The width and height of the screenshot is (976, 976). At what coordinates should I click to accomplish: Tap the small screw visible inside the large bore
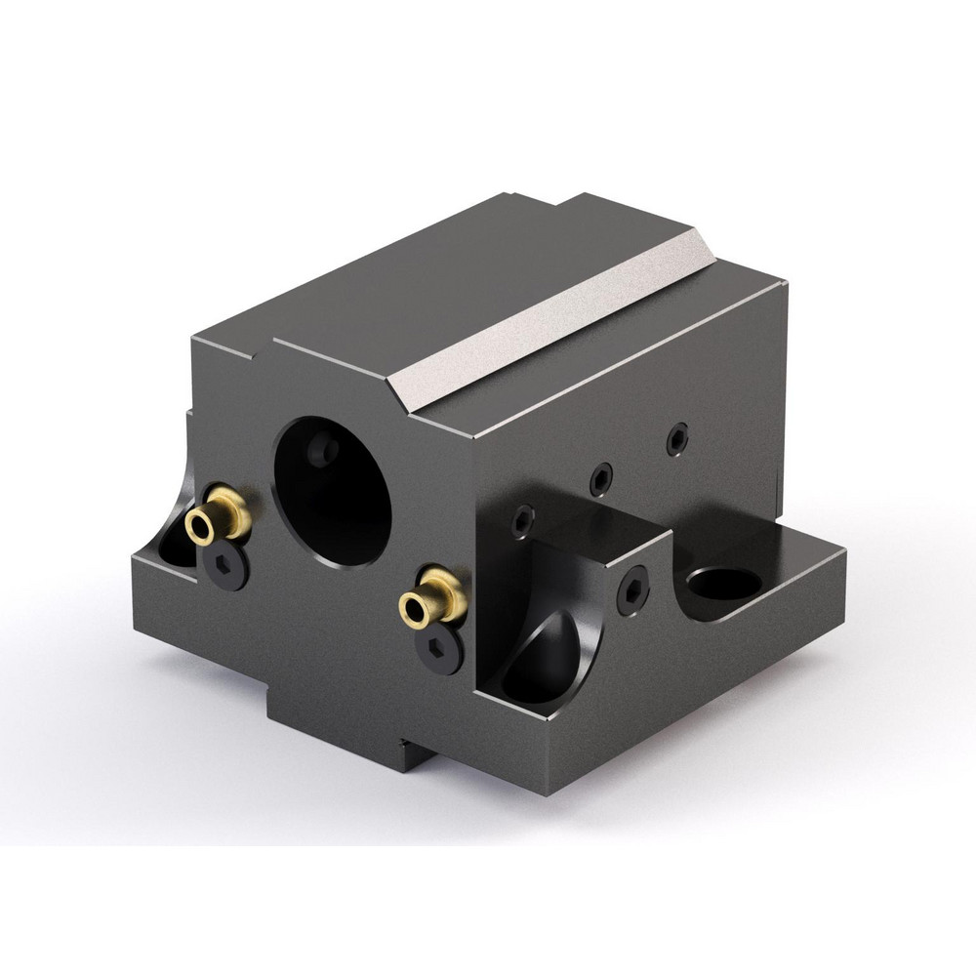(322, 450)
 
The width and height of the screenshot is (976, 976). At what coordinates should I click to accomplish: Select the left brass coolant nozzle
(223, 517)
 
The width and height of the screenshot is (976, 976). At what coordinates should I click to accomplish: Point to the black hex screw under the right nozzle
(439, 647)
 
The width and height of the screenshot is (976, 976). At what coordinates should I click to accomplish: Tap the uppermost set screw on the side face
(677, 438)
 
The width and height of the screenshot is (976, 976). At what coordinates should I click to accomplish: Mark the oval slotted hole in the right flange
(723, 584)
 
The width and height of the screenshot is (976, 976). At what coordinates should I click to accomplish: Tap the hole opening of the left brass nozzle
(201, 528)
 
